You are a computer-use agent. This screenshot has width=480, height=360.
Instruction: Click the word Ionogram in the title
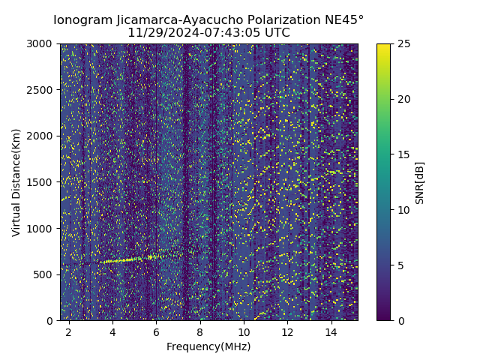(82, 20)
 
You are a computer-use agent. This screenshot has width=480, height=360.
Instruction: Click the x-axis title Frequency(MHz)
(208, 346)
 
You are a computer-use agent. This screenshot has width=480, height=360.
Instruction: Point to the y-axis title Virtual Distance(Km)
(16, 182)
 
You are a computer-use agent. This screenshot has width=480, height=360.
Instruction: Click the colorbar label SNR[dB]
(420, 182)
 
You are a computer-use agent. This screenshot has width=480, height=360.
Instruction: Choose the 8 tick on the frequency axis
(200, 331)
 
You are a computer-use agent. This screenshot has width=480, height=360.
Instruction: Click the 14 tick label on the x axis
(331, 331)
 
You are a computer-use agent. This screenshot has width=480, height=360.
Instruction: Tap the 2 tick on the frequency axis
(69, 331)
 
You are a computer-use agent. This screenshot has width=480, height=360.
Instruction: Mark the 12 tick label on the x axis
(287, 331)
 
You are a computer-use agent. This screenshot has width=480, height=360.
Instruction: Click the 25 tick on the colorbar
(403, 43)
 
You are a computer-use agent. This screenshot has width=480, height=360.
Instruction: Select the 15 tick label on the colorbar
(403, 154)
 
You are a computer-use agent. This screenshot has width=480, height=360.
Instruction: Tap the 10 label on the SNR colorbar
(403, 210)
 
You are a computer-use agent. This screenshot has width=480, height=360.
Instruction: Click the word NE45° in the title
(345, 20)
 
